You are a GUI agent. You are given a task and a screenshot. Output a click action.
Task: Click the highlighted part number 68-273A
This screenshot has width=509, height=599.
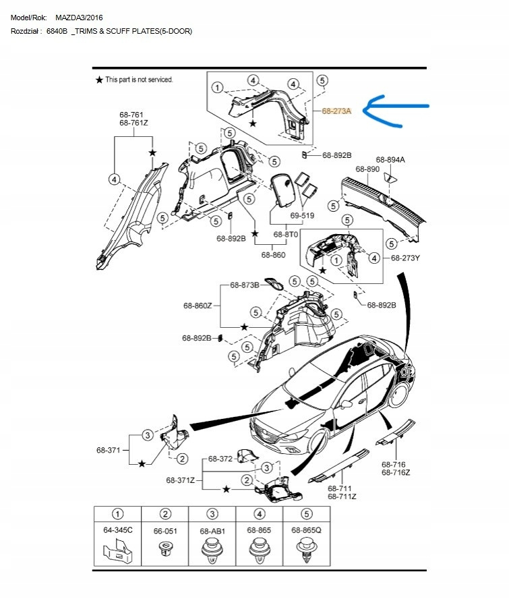pos(336,111)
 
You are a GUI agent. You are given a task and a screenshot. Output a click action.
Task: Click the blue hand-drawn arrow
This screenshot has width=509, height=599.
pos(398,111)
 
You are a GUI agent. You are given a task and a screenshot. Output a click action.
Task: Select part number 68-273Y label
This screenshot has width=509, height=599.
pos(406,258)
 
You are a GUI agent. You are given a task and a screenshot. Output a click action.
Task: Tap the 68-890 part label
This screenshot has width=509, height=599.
pos(367,169)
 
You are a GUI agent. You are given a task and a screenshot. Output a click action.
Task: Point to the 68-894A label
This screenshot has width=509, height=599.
pos(391,160)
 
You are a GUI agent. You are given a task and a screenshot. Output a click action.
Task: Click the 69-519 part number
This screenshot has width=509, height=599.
pos(303,215)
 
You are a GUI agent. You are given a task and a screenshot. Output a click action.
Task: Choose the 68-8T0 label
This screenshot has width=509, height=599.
pos(286,234)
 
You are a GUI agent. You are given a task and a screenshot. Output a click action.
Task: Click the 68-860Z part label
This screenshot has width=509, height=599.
pos(198,306)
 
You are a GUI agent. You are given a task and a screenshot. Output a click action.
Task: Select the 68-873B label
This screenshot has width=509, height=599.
pos(245,285)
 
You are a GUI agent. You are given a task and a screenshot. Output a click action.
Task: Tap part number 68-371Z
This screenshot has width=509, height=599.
pos(181,480)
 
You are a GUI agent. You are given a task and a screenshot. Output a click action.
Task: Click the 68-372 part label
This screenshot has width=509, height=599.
pos(220,459)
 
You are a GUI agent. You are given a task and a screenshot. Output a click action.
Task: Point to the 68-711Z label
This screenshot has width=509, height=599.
pos(342,496)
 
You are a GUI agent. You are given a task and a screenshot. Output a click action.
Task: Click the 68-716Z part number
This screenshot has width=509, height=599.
pos(396,472)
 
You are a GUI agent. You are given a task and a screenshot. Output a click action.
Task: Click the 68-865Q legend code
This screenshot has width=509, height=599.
pos(307,531)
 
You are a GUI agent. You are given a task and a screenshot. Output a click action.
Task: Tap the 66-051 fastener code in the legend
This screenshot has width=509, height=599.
pos(165,532)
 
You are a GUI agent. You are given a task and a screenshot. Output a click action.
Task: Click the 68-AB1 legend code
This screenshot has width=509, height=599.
pos(212,532)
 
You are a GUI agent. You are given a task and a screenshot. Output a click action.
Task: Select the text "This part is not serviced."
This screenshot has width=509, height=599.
pos(139,80)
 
